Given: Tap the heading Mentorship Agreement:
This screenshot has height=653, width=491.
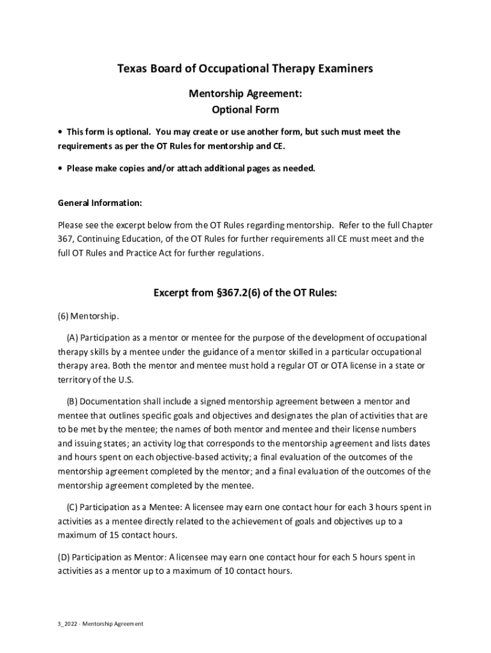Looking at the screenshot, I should coord(245,94).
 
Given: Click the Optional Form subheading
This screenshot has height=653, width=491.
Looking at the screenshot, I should coord(245,110).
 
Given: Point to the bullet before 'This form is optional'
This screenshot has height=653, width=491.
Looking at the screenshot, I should coord(60,132).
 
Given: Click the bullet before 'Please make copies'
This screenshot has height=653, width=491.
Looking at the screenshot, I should coord(60,168).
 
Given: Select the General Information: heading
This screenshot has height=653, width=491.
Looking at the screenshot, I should coord(99,203).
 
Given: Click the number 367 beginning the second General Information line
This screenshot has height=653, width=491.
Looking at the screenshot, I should coord(65,239).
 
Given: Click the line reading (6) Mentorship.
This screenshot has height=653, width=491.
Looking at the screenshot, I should coord(88,316).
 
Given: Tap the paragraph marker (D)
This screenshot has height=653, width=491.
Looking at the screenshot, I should coord(65,557).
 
